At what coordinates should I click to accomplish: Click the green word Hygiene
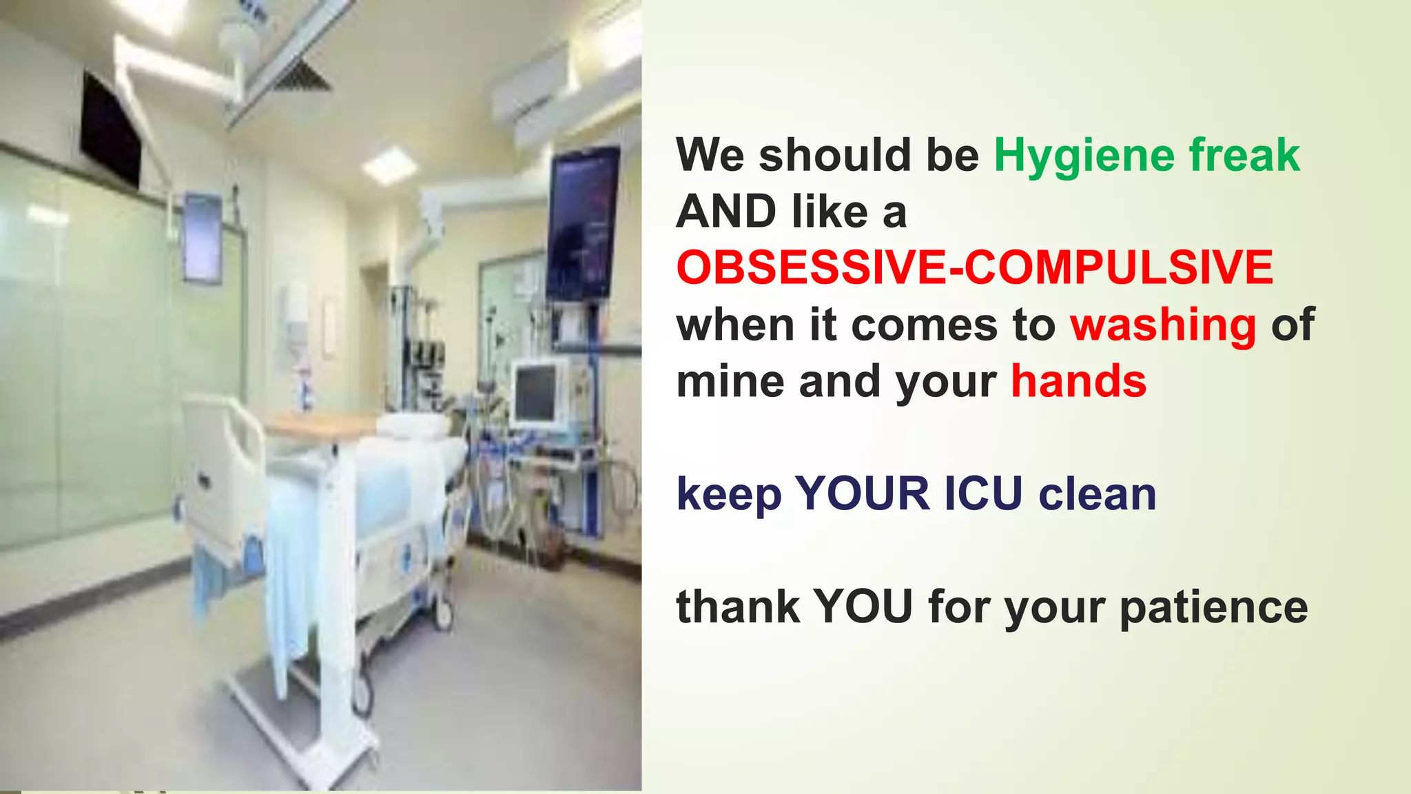1084,156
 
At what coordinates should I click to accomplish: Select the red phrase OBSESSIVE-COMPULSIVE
974,267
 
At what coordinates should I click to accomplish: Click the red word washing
1163,325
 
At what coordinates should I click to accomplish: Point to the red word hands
1078,381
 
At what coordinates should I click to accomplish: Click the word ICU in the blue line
983,494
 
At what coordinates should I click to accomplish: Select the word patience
1213,607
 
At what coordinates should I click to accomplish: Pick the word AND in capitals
726,212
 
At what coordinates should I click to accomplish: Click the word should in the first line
834,156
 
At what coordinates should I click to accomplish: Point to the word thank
738,607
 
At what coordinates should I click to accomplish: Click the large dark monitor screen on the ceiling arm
583,224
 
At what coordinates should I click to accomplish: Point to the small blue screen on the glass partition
203,237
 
